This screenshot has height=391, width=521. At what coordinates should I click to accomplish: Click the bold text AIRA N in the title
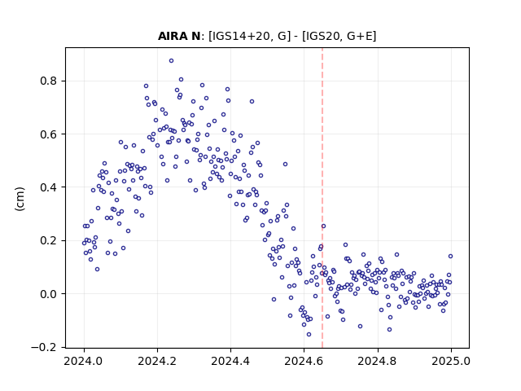179,36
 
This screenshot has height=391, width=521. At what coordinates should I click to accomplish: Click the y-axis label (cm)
20,199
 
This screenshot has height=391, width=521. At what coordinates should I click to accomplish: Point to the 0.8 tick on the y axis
49,81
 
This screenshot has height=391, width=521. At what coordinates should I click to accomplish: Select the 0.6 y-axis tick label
49,134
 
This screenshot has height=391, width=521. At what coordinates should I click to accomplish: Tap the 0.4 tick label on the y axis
49,187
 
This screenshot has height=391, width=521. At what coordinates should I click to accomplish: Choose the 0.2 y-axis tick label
49,240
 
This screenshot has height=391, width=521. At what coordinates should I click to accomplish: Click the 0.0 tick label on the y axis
49,293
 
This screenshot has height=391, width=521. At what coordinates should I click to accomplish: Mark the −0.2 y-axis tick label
45,347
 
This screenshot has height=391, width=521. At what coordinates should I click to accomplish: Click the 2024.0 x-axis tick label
83,361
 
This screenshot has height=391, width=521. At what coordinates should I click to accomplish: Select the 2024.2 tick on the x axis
157,361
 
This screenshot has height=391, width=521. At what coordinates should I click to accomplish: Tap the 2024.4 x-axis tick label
230,361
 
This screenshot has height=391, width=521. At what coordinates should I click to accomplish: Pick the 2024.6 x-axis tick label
304,361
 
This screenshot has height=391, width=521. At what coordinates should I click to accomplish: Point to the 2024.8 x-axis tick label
377,361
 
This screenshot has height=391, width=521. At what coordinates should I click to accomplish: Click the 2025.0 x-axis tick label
451,361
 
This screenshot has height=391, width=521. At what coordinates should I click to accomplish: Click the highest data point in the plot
171,60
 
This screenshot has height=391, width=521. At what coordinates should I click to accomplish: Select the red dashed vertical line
322,198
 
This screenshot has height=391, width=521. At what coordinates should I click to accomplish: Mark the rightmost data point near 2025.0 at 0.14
450,256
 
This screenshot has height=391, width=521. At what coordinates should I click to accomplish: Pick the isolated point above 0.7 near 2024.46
252,101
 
